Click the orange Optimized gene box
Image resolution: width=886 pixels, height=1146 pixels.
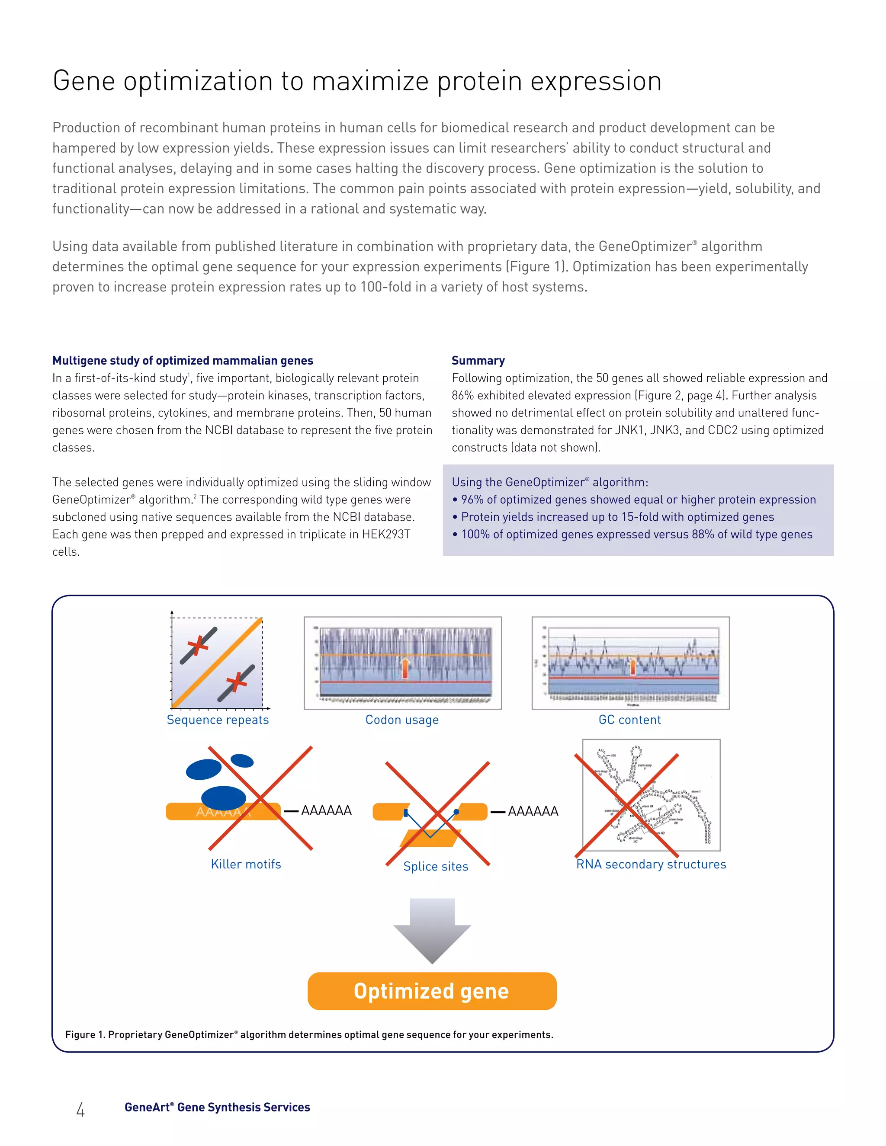click(431, 991)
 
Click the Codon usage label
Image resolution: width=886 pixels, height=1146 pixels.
click(402, 720)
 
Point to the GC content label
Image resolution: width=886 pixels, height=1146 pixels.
click(629, 720)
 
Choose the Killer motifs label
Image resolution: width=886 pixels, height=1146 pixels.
click(246, 864)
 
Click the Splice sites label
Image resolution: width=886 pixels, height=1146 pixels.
click(436, 866)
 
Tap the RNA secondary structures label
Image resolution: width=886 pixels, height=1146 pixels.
click(651, 864)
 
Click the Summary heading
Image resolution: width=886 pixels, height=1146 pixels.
click(478, 361)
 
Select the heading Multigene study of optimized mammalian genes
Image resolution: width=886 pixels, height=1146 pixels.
click(183, 361)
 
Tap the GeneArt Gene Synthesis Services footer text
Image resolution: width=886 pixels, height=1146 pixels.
click(217, 1107)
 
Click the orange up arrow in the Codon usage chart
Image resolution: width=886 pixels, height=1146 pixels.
click(404, 668)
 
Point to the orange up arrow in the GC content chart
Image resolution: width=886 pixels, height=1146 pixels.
click(632, 667)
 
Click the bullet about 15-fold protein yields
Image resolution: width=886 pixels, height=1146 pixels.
click(617, 517)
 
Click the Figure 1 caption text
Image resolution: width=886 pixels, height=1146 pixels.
click(309, 1034)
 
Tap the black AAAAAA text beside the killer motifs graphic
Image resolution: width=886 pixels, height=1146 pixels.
click(326, 810)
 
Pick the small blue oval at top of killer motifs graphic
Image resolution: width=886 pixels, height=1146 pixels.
click(242, 760)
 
